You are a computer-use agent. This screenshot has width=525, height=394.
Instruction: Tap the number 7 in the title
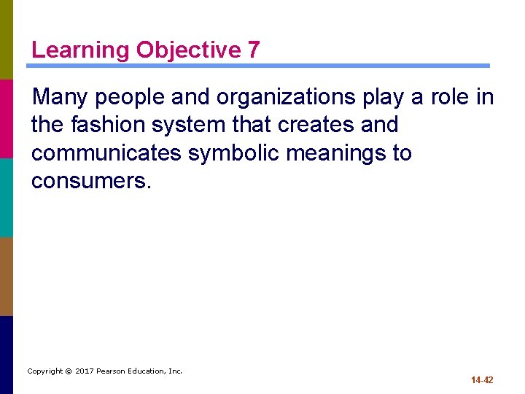click(x=252, y=50)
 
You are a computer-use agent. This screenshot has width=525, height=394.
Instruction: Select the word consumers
click(x=91, y=182)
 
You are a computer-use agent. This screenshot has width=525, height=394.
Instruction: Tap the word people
click(x=133, y=96)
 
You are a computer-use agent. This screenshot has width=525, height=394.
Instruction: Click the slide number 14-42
click(x=482, y=380)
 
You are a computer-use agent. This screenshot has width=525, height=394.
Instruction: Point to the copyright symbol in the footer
click(x=68, y=371)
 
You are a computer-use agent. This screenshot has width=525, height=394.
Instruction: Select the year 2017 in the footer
click(x=84, y=371)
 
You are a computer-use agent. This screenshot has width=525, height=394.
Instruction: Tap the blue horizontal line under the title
click(x=258, y=66)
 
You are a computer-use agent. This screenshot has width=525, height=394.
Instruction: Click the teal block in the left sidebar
click(x=7, y=197)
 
